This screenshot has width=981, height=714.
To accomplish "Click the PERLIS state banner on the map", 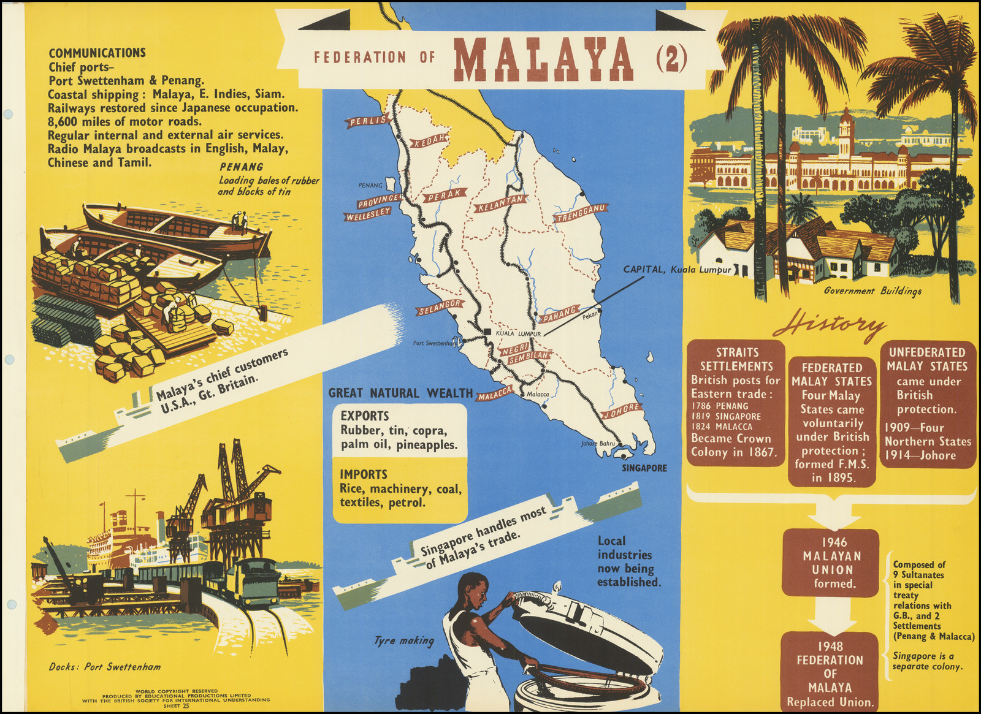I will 368,121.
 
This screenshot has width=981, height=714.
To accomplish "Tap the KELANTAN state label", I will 501,203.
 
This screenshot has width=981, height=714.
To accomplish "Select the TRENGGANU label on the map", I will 580,213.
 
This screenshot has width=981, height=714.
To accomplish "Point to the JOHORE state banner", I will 622,411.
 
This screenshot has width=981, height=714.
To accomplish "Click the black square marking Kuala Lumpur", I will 486,332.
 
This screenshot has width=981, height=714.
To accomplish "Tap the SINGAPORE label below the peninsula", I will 644,468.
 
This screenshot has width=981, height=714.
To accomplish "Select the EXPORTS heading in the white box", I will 364,416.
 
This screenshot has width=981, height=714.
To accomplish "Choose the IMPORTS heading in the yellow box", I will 363,474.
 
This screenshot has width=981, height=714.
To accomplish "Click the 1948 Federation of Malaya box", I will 830,673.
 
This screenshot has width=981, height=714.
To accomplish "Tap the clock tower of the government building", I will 847,126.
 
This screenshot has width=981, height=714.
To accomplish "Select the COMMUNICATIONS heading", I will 97,53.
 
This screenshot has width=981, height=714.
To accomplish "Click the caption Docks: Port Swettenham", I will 105,666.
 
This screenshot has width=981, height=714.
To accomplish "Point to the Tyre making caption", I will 403,640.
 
